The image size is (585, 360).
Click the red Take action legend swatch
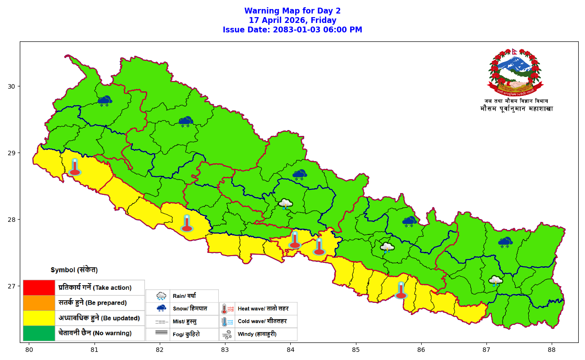click(x=39, y=288)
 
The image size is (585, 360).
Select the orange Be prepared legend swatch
click(x=39, y=303)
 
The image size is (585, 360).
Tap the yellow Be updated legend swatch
click(x=39, y=318)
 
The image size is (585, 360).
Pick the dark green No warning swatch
click(x=39, y=333)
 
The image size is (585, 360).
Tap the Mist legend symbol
click(x=161, y=322)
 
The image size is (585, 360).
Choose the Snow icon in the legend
click(x=161, y=309)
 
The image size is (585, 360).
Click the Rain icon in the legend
click(x=161, y=296)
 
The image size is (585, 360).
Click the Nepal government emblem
click(x=515, y=72)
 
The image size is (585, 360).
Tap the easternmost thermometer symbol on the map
click(x=400, y=290)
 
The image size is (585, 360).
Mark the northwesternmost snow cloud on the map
click(x=105, y=101)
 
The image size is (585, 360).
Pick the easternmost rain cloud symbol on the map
click(x=495, y=281)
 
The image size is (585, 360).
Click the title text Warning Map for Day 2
click(x=292, y=11)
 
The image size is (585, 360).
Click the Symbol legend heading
click(x=74, y=270)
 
